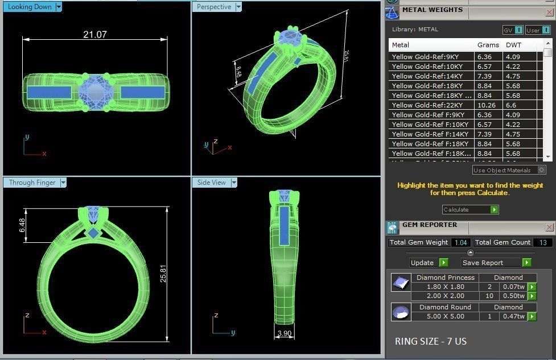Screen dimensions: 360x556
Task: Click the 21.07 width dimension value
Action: click(94, 35)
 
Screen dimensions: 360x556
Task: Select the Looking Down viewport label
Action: click(30, 7)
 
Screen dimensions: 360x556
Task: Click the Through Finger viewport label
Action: click(32, 183)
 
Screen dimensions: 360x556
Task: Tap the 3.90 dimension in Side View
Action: click(284, 333)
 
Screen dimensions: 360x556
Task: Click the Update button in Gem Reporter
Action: click(422, 263)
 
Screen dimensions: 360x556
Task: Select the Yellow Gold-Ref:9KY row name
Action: click(425, 57)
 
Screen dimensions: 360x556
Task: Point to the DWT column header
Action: click(513, 45)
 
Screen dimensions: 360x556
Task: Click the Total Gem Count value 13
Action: click(542, 242)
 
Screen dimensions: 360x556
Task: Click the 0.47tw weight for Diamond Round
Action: click(513, 316)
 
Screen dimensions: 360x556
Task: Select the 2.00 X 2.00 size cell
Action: click(445, 296)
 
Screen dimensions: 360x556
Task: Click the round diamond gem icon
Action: click(401, 312)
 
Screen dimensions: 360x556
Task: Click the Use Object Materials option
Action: click(502, 170)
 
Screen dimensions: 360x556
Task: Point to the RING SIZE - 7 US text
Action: click(430, 341)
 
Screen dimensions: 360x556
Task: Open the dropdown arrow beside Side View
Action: click(233, 183)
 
